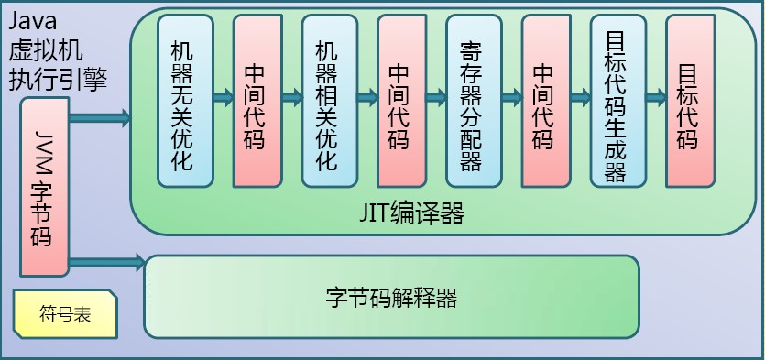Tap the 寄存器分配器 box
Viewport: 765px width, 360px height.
471,100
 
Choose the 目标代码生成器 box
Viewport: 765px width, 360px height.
616,100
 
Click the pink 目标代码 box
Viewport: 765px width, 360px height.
687,100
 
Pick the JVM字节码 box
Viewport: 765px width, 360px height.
44,188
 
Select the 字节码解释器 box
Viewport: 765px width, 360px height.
391,297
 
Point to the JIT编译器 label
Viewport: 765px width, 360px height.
411,215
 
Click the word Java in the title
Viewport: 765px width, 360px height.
33,17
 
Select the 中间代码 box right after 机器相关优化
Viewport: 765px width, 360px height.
399,100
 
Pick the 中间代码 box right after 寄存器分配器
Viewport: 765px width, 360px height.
543,100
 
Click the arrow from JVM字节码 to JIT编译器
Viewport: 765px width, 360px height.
99,116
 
